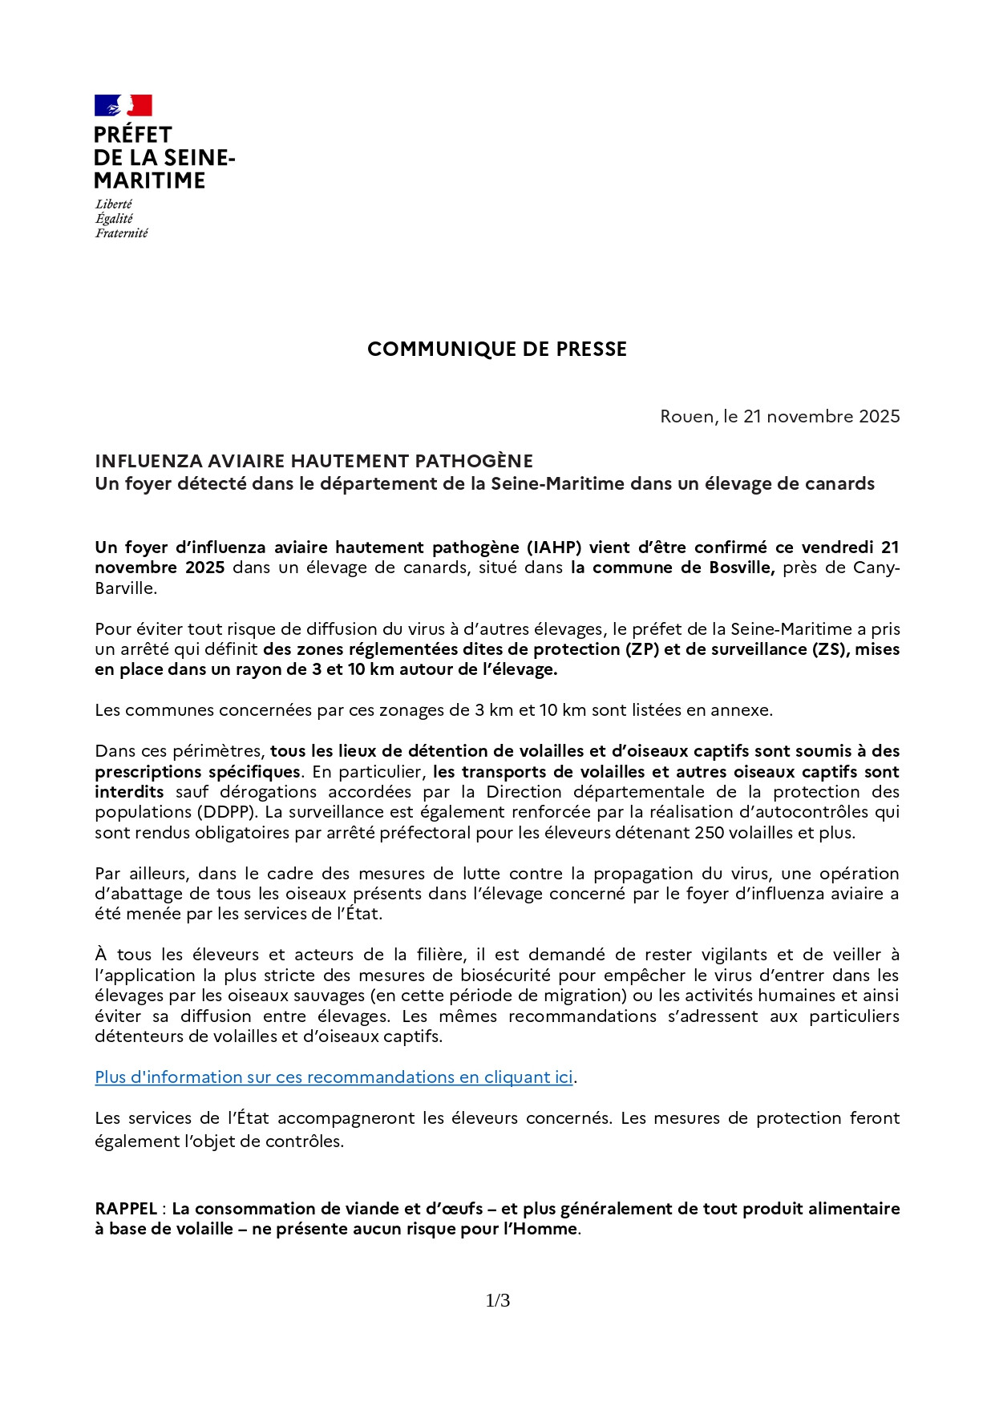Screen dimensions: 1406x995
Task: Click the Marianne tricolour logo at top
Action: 123,106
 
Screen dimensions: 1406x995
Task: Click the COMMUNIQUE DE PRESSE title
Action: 497,349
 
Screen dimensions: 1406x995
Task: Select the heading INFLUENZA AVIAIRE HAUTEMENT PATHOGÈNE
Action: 313,461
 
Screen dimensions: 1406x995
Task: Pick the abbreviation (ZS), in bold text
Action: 830,649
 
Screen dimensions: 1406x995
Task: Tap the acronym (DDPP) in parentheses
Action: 128,812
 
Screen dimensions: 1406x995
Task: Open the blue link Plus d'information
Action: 334,1077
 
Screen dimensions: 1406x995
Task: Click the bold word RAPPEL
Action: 126,1209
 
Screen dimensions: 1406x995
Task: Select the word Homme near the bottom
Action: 550,1229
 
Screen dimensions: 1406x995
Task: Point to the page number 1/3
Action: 498,1301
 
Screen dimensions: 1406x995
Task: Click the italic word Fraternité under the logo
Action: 122,233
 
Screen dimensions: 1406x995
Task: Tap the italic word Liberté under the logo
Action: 114,204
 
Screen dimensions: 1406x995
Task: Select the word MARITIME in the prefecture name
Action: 149,181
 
